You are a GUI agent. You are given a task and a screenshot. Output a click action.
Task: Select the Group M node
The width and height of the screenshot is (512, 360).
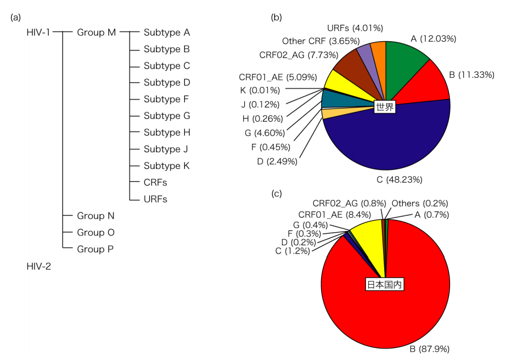click(x=97, y=32)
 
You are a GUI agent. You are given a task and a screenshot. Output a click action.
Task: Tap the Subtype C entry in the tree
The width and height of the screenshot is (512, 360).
click(x=167, y=66)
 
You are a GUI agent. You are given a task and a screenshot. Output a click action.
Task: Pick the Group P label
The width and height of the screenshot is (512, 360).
click(x=95, y=249)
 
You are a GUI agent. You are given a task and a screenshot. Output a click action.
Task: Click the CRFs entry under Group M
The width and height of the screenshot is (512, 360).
click(x=155, y=182)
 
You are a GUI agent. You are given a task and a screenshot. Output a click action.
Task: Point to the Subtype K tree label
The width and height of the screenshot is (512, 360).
click(x=167, y=166)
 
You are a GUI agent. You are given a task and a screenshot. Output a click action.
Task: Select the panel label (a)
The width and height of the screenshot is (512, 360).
click(x=15, y=17)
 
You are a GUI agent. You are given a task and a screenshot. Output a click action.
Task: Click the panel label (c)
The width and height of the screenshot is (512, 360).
click(x=277, y=193)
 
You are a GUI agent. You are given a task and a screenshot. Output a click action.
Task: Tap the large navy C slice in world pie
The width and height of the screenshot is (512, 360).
click(x=390, y=143)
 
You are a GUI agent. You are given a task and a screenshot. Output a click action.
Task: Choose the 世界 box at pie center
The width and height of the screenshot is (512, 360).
click(x=385, y=107)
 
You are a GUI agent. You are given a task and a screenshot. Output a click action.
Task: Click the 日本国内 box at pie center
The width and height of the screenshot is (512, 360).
click(x=385, y=285)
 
